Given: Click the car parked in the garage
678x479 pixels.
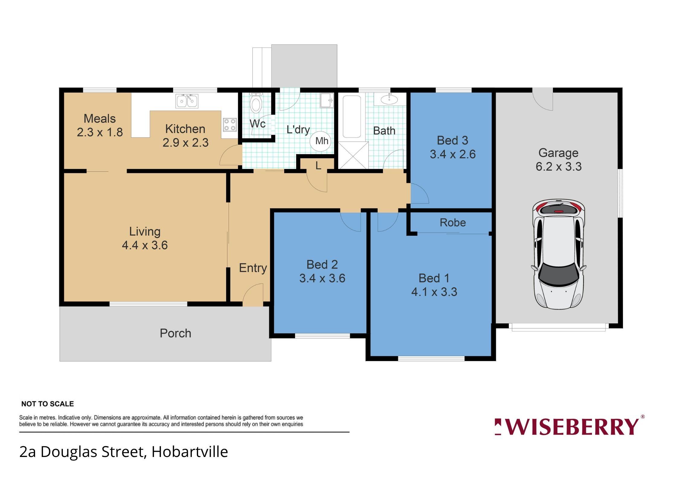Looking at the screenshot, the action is coord(559,254).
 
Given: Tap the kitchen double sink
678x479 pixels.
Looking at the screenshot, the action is coord(187,101).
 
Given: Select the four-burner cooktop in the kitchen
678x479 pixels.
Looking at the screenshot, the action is coord(230,125).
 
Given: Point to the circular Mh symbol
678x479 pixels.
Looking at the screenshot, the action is coord(321,141).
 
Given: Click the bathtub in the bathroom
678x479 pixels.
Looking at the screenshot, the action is coord(352,117).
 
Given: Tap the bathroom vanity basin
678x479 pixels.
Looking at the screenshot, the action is coord(389,99).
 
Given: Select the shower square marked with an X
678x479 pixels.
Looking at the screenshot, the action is coord(353,155).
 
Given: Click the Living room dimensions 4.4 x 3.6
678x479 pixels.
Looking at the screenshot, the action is coord(145,245).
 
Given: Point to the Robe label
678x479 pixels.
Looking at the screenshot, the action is coord(453,222).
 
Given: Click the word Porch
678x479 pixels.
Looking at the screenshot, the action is coord(175,333).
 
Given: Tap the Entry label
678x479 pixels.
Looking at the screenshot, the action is coord(253,268).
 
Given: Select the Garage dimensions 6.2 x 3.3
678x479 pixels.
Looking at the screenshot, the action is coord(559,167).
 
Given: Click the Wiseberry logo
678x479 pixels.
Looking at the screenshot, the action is coord(569,426).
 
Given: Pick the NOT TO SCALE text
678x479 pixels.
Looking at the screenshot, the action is coord(47,404).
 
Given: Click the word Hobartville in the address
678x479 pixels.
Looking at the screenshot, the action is coord(190,452).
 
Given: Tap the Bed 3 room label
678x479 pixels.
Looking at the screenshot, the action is coord(452,140).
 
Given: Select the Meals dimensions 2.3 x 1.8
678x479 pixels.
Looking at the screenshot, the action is coord(100,132).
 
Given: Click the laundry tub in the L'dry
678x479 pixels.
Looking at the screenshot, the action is coord(327,100).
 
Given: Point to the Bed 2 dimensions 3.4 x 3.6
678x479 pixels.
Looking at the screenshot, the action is coord(322,278).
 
